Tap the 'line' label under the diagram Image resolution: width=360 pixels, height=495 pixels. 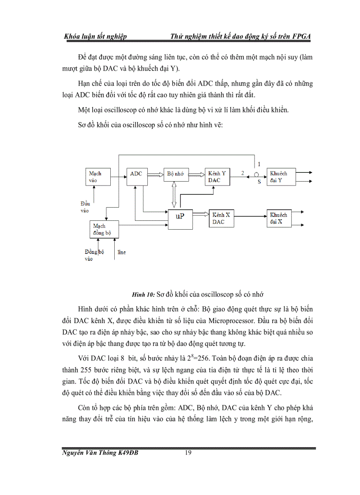pos(121,252)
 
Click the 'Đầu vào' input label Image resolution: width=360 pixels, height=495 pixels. pos(85,207)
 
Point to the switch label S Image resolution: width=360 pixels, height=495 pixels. pos(259,182)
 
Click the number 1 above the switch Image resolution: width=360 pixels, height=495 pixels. pos(259,164)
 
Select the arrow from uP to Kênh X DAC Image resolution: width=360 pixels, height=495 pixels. pos(202,215)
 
